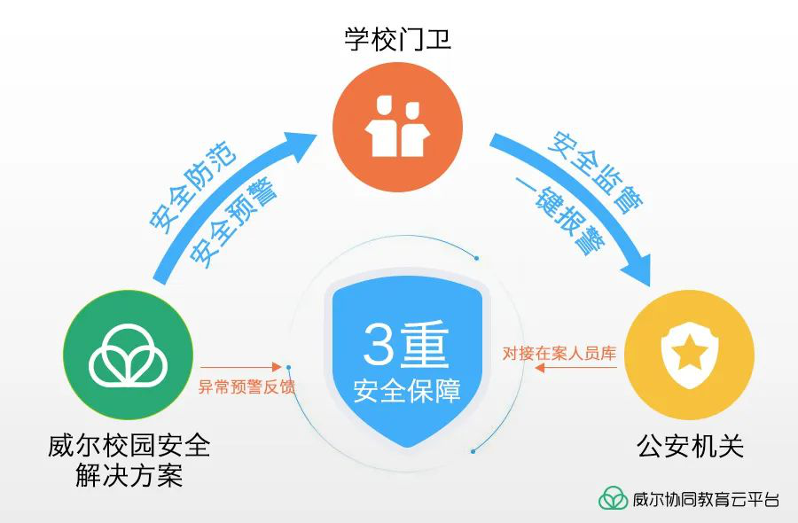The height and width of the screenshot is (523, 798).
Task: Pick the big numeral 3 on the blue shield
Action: pos(376,346)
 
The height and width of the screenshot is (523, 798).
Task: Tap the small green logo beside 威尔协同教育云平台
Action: pos(613,498)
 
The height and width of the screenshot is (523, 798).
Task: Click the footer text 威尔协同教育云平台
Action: pos(706,499)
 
